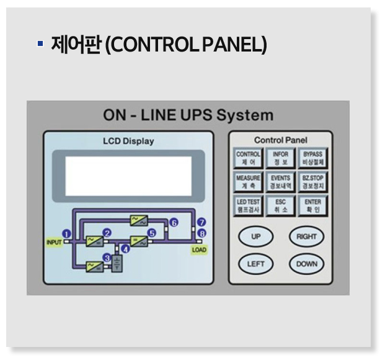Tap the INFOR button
click(x=281, y=158)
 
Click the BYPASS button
click(x=313, y=158)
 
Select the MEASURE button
click(x=249, y=181)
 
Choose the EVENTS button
click(x=281, y=181)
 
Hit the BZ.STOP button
click(x=313, y=181)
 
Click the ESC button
click(x=281, y=205)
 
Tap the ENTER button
click(x=313, y=205)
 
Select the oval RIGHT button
click(x=306, y=236)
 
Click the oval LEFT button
click(x=255, y=263)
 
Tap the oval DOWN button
click(x=306, y=263)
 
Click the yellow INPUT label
click(x=55, y=242)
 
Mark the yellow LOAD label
click(x=199, y=250)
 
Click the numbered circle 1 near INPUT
click(x=67, y=233)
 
